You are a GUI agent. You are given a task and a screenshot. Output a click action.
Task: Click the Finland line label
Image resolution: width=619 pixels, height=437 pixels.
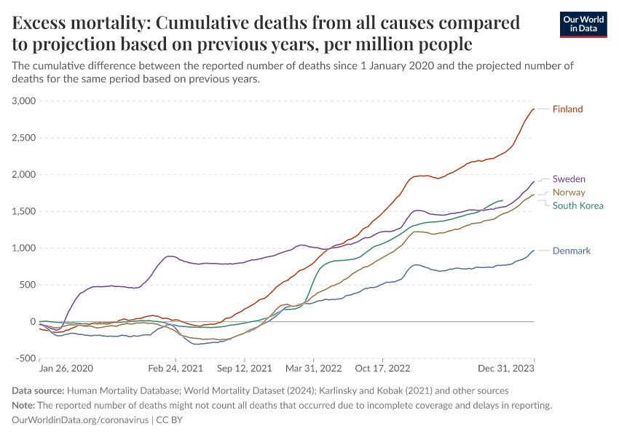(x=567, y=109)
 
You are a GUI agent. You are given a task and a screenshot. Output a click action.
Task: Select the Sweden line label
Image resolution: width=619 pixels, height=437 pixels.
(x=569, y=178)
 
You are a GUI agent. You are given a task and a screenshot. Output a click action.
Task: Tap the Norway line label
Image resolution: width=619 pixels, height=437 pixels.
(x=569, y=192)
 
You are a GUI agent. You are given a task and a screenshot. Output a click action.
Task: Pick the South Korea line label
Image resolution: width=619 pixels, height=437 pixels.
(x=577, y=205)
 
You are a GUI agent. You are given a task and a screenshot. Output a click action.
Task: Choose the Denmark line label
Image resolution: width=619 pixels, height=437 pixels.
(x=572, y=251)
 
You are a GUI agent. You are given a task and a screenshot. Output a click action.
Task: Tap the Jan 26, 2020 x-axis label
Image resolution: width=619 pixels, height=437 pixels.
(x=66, y=369)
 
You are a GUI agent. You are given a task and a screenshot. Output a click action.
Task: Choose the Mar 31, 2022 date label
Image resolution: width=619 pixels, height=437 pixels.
(x=314, y=369)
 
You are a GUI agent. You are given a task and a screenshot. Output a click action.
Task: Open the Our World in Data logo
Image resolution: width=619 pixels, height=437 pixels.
(x=583, y=24)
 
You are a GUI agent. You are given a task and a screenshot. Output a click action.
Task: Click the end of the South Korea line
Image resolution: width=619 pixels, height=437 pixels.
(x=502, y=200)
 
